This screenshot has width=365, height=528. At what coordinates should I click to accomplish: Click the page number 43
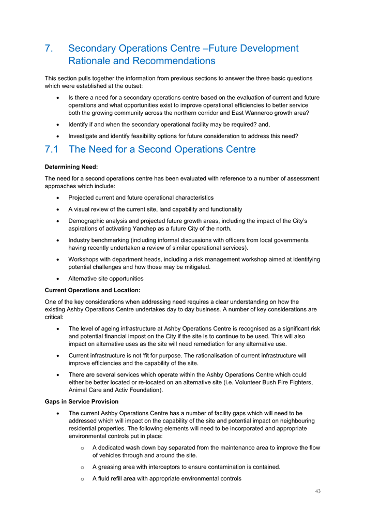tap(317, 491)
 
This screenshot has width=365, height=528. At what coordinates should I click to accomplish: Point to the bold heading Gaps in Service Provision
tap(82, 402)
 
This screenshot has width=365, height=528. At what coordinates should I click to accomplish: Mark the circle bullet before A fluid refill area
tap(82, 479)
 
